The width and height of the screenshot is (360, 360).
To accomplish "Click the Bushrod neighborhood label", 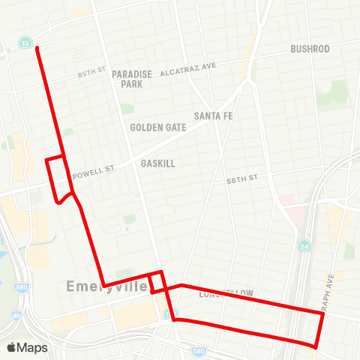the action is pyautogui.click(x=310, y=49).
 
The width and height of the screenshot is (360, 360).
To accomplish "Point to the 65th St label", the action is pyautogui.click(x=92, y=74).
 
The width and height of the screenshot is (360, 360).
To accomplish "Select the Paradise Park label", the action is pyautogui.click(x=132, y=79).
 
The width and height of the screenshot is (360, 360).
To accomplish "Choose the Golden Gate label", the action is pyautogui.click(x=157, y=127).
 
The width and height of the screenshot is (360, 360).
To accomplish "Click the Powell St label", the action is pyautogui.click(x=94, y=170).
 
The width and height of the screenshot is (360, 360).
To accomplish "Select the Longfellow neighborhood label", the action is pyautogui.click(x=226, y=293).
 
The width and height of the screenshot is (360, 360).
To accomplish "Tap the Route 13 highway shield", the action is pyautogui.click(x=26, y=44).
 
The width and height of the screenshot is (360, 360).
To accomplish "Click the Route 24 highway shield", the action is pyautogui.click(x=304, y=245).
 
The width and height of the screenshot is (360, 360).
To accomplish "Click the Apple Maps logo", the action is pyautogui.click(x=27, y=347).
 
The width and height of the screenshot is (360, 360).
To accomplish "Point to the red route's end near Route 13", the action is pyautogui.click(x=36, y=47).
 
